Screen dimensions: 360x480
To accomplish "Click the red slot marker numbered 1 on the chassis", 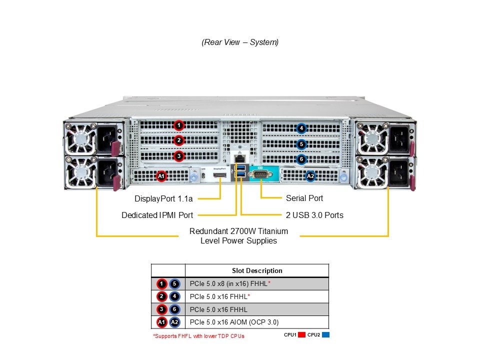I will [x=179, y=125].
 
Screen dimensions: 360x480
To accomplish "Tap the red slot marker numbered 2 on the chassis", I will [x=179, y=140].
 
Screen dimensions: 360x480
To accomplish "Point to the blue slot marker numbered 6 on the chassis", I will [x=300, y=159].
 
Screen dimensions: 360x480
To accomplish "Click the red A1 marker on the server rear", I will [x=161, y=176].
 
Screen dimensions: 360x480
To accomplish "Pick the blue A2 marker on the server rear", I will [x=310, y=176].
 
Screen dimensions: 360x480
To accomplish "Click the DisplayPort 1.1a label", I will [x=163, y=198].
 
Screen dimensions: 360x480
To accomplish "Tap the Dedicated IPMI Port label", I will [x=157, y=215].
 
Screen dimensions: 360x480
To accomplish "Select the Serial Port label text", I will [x=304, y=198].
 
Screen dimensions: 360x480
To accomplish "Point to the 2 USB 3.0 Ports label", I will [x=314, y=215].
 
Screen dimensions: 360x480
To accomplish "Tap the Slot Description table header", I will [x=257, y=270].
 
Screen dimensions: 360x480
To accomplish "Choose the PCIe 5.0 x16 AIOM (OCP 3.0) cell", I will [x=234, y=322].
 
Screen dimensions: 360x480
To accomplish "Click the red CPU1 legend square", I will [x=301, y=335].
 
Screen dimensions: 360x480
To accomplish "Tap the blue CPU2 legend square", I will [x=326, y=335].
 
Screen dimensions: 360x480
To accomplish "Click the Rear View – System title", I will [x=240, y=42].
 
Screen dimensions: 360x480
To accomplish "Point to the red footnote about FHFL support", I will [x=198, y=336].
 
